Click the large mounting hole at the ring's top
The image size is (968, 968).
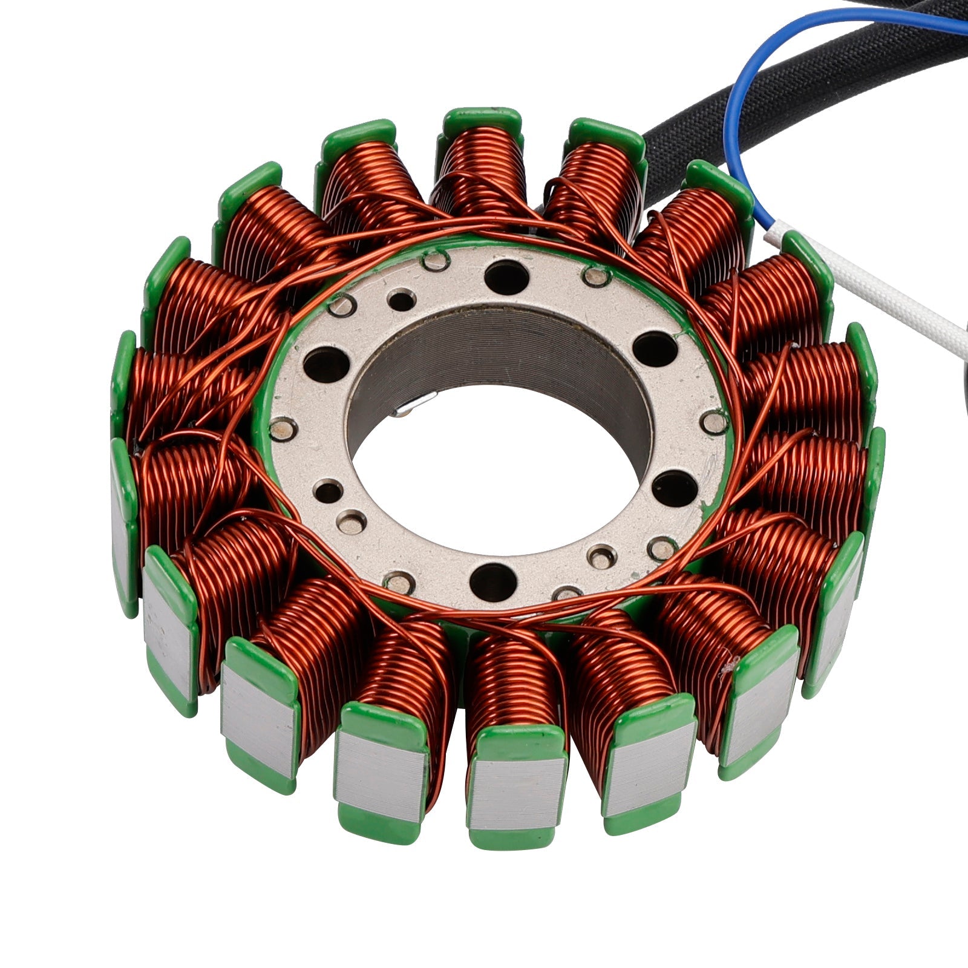[x=506, y=276]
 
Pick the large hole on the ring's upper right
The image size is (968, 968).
[x=655, y=350]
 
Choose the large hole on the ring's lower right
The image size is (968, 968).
[x=675, y=488]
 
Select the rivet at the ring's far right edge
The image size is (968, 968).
[x=716, y=422]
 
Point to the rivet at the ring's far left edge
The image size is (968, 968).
[x=281, y=430]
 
